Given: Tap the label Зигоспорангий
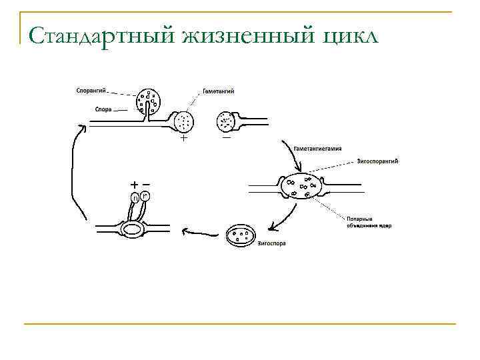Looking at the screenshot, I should [379, 161].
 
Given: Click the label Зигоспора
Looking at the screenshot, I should [272, 243].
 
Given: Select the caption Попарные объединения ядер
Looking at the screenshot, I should [369, 222].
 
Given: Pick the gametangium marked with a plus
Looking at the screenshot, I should [183, 121].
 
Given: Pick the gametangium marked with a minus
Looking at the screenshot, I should [225, 121].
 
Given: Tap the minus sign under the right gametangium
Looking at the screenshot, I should [227, 138].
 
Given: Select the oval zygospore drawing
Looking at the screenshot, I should [241, 235].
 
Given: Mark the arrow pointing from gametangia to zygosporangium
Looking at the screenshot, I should [291, 157].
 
